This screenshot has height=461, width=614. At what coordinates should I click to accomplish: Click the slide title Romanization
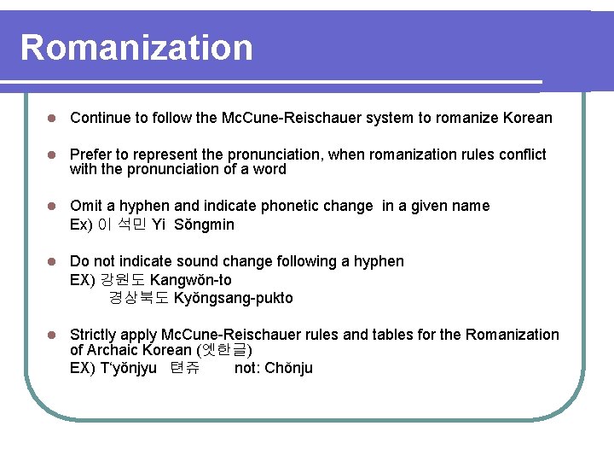click(136, 48)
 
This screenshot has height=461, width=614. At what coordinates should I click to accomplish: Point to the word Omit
click(85, 206)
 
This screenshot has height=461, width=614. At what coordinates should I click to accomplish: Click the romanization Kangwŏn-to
click(191, 280)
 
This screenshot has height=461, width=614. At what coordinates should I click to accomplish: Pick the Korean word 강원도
click(123, 280)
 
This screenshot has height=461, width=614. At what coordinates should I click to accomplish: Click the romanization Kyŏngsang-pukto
click(233, 298)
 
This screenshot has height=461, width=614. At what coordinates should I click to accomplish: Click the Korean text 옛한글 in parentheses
click(224, 350)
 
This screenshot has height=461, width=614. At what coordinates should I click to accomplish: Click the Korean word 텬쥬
click(185, 369)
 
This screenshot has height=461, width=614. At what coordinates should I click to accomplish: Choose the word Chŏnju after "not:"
click(288, 368)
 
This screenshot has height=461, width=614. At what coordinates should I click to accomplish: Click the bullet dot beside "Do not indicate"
click(52, 261)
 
